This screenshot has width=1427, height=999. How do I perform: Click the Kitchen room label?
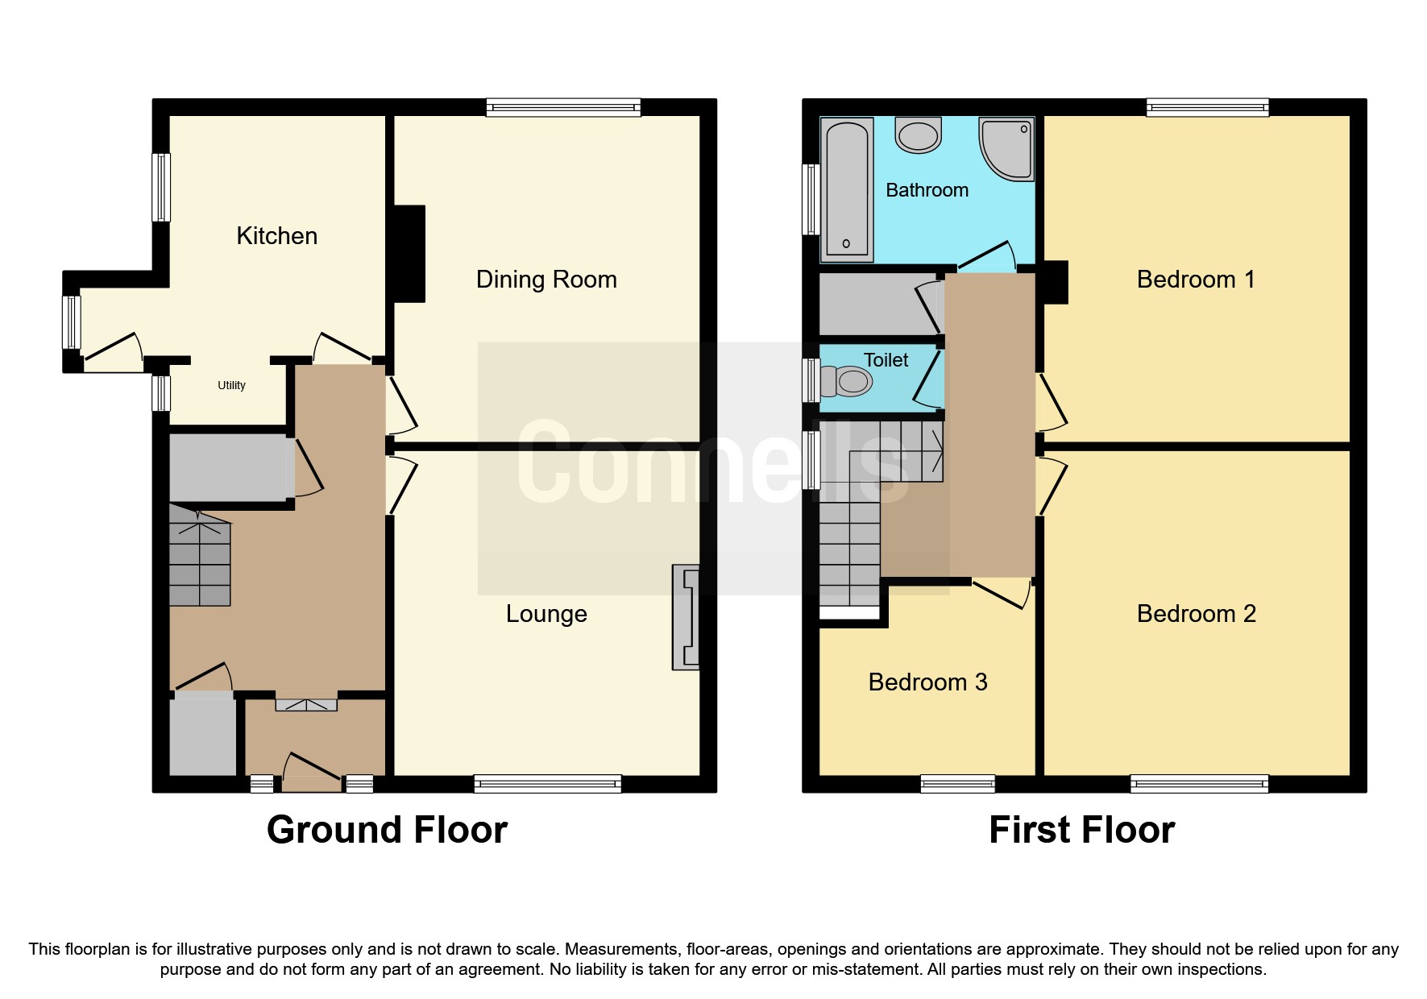[276, 236]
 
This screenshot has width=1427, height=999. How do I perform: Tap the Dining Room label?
[546, 280]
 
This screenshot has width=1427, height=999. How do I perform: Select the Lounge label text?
[546, 614]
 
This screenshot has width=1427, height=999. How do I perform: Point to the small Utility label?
[231, 385]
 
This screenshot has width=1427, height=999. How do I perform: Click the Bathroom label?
[927, 190]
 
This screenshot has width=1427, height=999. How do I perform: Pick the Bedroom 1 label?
[1196, 280]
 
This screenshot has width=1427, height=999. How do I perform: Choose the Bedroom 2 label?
[1196, 614]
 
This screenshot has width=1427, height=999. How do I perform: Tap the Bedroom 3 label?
[927, 682]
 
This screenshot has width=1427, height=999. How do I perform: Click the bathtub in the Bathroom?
[846, 190]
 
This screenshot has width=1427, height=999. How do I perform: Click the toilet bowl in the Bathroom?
[918, 136]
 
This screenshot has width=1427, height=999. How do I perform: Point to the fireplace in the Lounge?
[687, 617]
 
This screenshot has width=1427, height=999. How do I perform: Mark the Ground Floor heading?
[387, 830]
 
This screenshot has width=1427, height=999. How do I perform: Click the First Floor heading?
[1081, 830]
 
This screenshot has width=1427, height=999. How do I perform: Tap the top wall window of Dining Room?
[563, 107]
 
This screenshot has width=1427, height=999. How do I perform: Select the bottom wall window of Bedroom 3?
[957, 783]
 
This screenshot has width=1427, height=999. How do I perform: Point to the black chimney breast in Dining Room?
[409, 254]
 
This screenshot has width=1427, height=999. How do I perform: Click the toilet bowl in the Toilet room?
[851, 381]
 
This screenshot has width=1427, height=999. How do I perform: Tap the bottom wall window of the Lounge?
[547, 783]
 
